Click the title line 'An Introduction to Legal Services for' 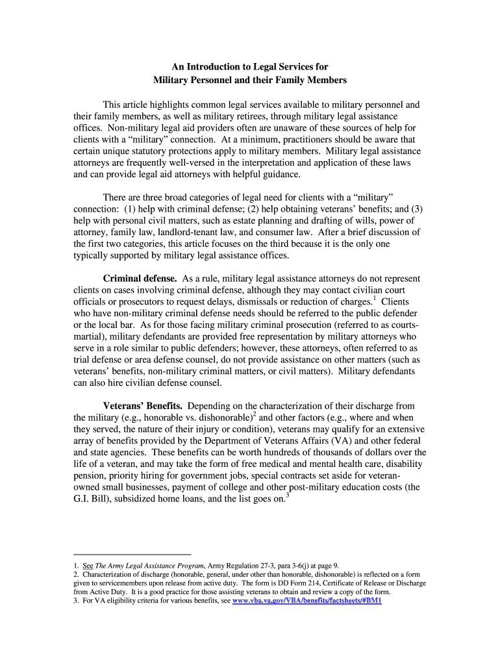coord(249,67)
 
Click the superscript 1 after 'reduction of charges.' coord(375,299)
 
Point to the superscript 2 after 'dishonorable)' coord(255,414)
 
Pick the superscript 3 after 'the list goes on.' coord(288,496)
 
